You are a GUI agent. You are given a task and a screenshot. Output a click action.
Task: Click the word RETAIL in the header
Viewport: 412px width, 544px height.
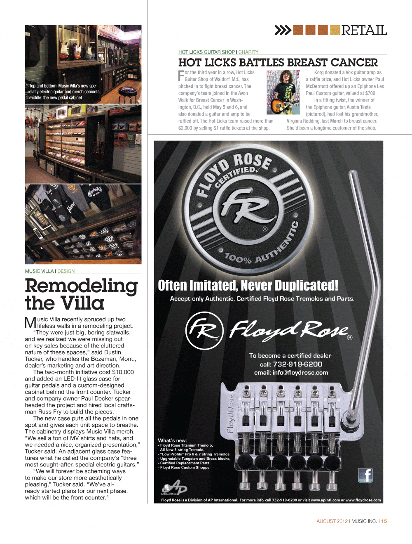[x=364, y=31]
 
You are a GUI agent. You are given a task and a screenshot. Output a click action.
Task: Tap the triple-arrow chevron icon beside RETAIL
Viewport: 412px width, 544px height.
[x=283, y=30]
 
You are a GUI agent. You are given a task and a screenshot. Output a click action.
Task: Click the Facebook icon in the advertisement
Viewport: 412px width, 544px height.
[x=365, y=475]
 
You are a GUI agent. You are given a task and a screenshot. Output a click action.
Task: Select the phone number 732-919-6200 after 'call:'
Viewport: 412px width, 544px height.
[x=297, y=364]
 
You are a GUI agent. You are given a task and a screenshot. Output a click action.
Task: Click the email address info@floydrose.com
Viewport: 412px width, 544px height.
[x=300, y=373]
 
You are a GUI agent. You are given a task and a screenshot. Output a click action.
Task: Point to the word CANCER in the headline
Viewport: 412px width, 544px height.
[x=354, y=63]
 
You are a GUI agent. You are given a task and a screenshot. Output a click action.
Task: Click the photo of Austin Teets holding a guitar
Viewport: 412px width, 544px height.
[x=283, y=92]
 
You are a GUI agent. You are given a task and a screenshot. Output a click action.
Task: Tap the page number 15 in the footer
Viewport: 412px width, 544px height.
[x=384, y=521]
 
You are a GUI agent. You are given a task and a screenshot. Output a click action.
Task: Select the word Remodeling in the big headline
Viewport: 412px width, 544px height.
[x=81, y=286]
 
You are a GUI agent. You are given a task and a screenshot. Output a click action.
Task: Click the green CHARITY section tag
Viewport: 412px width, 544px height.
[x=248, y=52]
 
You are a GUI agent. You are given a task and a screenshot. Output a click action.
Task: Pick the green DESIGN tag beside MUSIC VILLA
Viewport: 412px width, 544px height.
[x=66, y=271]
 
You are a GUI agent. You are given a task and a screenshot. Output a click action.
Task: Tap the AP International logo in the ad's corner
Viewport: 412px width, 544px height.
[x=174, y=487]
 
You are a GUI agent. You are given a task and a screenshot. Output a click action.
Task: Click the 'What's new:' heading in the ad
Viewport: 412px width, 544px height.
[x=172, y=440]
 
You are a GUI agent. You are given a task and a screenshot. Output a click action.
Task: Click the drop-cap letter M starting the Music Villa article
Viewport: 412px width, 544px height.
[x=30, y=322]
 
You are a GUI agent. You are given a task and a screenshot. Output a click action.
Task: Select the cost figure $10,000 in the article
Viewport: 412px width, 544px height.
[x=123, y=372]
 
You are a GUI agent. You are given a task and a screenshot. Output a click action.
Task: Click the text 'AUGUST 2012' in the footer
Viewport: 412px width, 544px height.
[x=332, y=521]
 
